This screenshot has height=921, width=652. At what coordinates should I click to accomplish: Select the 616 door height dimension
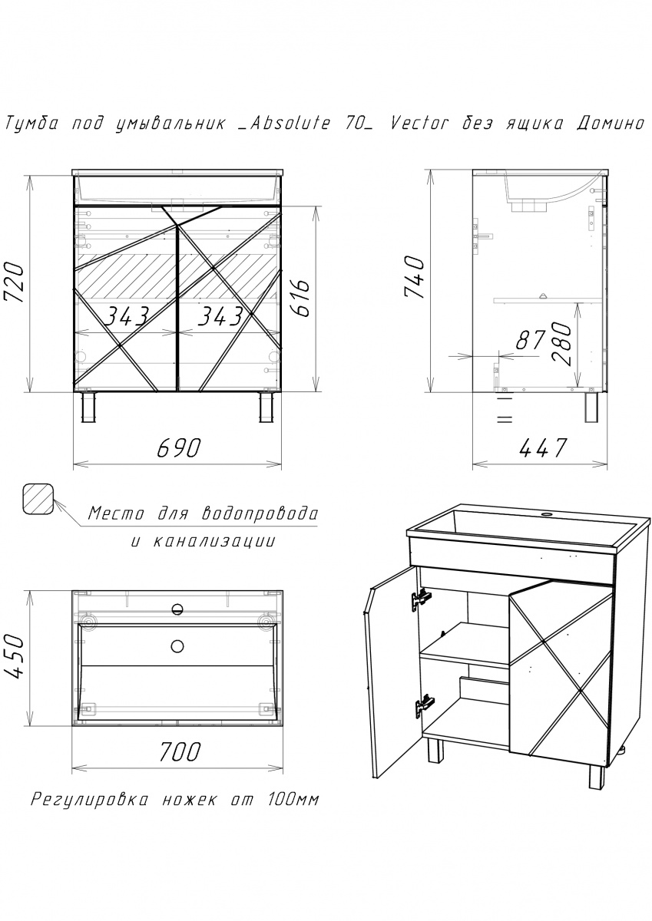pos(303,298)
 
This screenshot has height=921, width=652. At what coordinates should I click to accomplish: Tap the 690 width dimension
pos(178,447)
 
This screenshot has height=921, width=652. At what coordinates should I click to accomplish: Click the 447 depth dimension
pos(544,447)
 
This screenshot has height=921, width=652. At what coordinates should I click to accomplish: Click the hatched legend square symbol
pos(38,499)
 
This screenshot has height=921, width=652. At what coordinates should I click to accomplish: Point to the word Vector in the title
pos(418,124)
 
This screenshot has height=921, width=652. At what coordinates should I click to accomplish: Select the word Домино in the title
pos(610,124)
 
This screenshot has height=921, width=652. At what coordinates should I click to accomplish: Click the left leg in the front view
pos(90,407)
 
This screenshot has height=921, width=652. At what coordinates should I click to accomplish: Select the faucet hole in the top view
pos(177,609)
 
